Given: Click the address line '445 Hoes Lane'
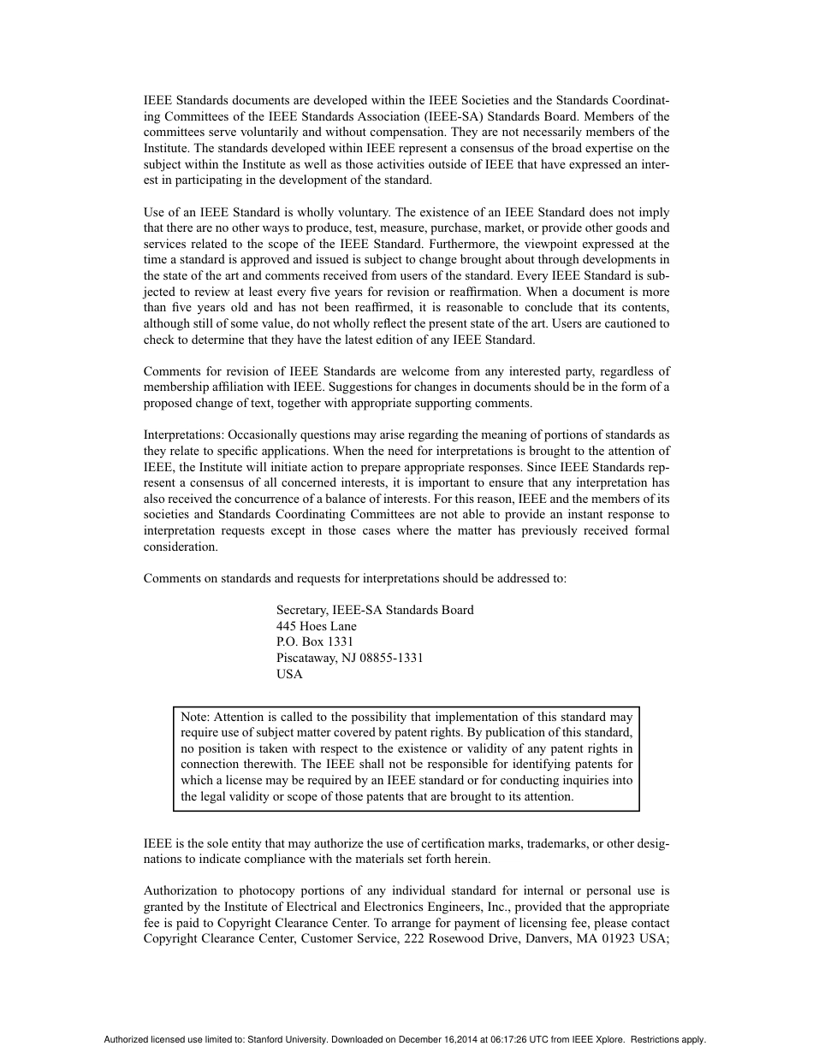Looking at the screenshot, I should (316, 626).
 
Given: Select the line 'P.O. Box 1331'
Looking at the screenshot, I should (314, 641).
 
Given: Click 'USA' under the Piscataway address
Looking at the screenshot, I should (289, 674).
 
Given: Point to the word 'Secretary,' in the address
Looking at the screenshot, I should (303, 610).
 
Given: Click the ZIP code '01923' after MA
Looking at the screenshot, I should (623, 939).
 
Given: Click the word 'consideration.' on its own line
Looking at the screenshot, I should (181, 547).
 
